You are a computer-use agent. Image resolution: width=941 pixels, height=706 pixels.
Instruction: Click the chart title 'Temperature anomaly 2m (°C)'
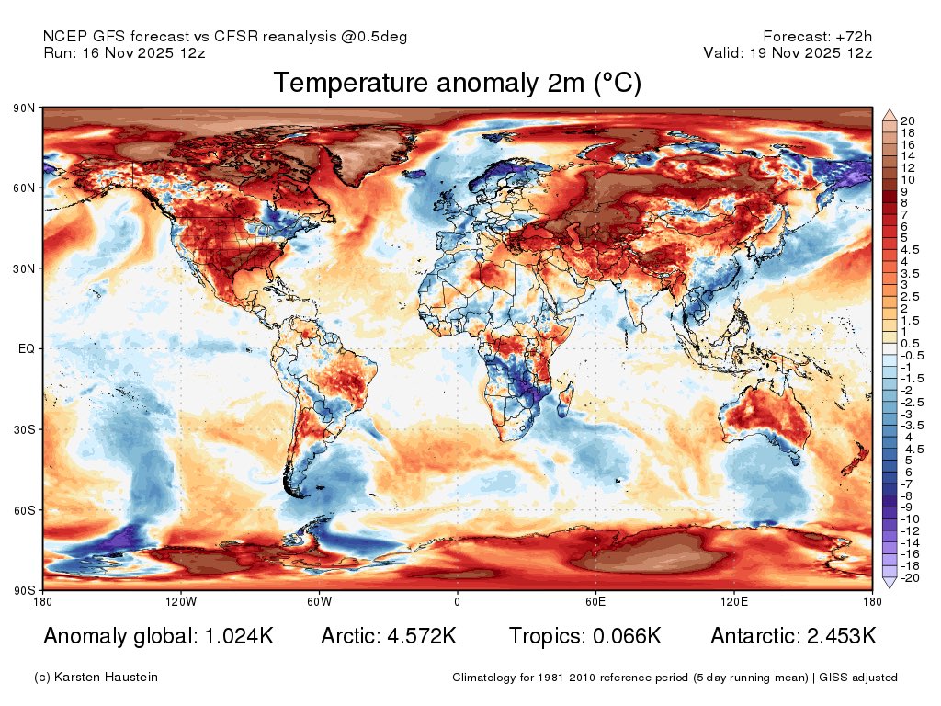pyautogui.click(x=457, y=83)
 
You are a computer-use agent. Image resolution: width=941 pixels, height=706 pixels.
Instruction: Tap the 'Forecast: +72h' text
pyautogui.click(x=817, y=37)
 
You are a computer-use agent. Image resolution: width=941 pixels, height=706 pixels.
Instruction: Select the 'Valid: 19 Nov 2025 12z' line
pyautogui.click(x=788, y=53)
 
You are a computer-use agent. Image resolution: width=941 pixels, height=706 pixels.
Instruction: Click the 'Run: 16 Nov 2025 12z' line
pyautogui.click(x=124, y=53)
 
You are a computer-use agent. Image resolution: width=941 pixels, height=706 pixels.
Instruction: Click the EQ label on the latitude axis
pyautogui.click(x=27, y=349)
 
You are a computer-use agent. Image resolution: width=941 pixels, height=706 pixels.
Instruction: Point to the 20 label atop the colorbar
pyautogui.click(x=906, y=121)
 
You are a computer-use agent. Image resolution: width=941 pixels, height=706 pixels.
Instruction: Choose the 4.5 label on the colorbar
pyautogui.click(x=908, y=249)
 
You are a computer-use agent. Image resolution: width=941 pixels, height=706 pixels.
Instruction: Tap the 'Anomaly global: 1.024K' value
pyautogui.click(x=158, y=636)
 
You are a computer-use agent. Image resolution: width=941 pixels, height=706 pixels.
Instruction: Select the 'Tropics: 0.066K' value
pyautogui.click(x=585, y=636)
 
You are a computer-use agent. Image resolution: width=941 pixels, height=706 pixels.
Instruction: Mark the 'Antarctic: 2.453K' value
pyautogui.click(x=793, y=636)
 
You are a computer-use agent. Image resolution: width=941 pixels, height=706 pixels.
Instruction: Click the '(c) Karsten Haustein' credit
pyautogui.click(x=96, y=678)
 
